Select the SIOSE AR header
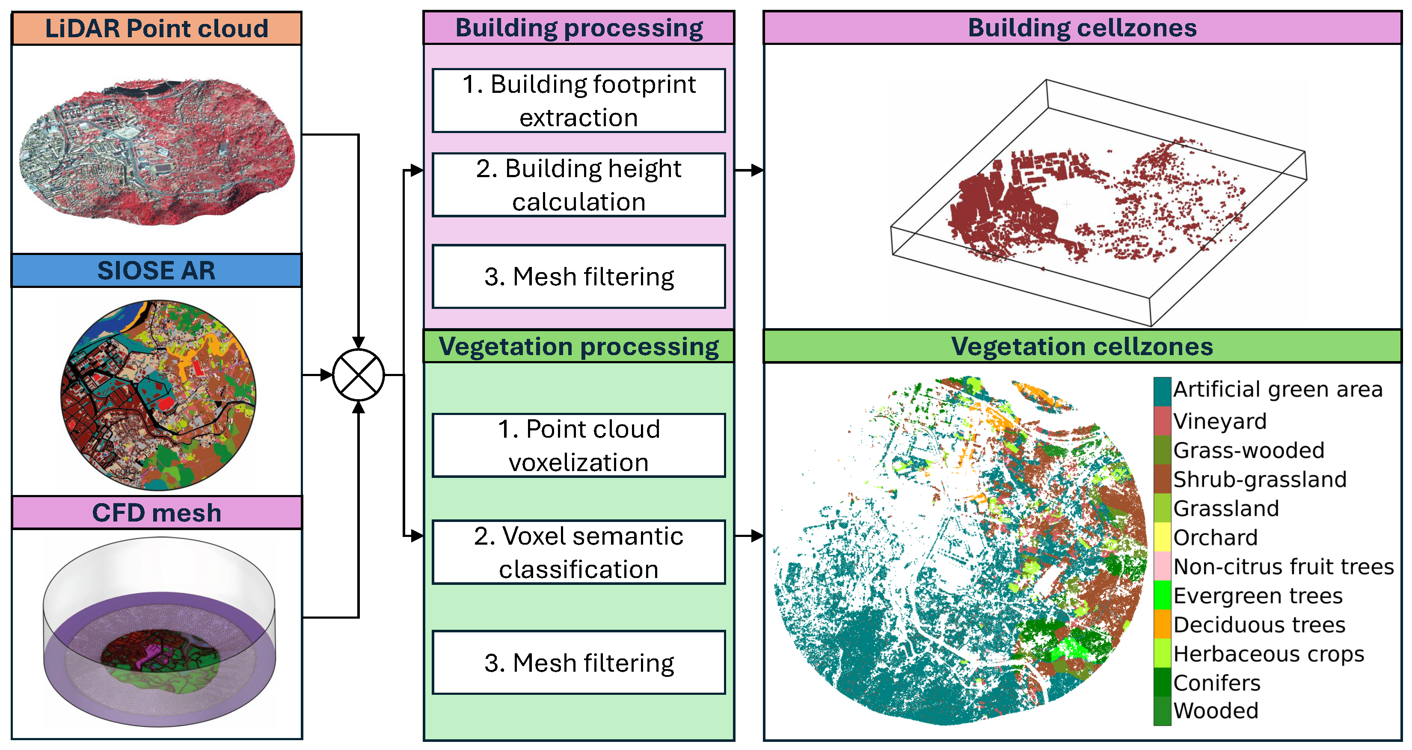click(157, 270)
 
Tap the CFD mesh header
click(157, 513)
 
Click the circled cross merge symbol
click(359, 375)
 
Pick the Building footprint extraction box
click(579, 101)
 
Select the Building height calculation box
click(579, 185)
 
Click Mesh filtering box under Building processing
click(579, 276)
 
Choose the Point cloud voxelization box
click(579, 445)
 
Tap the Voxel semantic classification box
click(579, 552)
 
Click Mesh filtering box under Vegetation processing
click(579, 662)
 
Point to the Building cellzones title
click(1082, 27)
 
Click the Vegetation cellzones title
click(1082, 346)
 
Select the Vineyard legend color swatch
click(1162, 421)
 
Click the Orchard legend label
click(1215, 537)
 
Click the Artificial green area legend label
click(1278, 389)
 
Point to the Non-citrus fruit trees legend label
click(1284, 566)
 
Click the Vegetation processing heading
click(579, 346)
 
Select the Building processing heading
click(579, 27)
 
